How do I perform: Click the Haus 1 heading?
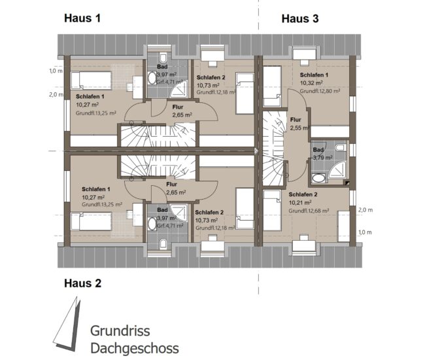(x=82, y=18)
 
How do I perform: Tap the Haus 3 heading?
(x=300, y=18)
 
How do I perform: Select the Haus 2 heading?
(x=82, y=283)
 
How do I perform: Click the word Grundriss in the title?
(x=120, y=331)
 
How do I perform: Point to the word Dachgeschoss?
(x=134, y=348)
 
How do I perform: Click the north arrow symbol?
(x=67, y=324)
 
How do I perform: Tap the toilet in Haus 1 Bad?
(x=163, y=58)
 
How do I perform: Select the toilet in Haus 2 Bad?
(x=163, y=243)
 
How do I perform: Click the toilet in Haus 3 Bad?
(x=341, y=147)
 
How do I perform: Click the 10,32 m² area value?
(x=311, y=83)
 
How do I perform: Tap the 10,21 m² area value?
(x=300, y=202)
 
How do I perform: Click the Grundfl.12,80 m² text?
(x=320, y=91)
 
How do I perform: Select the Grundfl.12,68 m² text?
(x=309, y=211)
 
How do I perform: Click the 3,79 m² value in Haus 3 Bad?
(x=323, y=157)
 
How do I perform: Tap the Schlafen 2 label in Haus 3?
(x=303, y=194)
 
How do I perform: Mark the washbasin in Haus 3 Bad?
(x=318, y=178)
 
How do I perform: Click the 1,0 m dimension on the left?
(x=56, y=71)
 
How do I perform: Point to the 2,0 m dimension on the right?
(x=365, y=210)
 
